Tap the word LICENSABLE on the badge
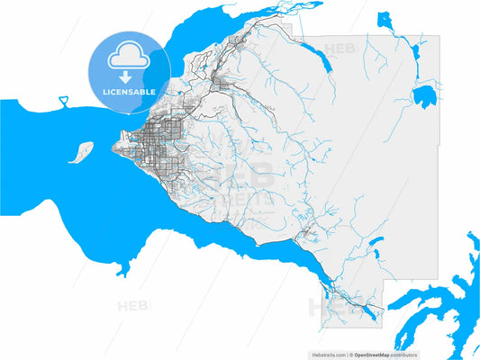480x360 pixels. (129, 91)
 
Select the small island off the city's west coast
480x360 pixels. (81, 151)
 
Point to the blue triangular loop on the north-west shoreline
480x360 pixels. (64, 100)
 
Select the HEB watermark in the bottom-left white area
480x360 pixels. (134, 306)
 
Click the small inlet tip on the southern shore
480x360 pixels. (122, 267)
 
